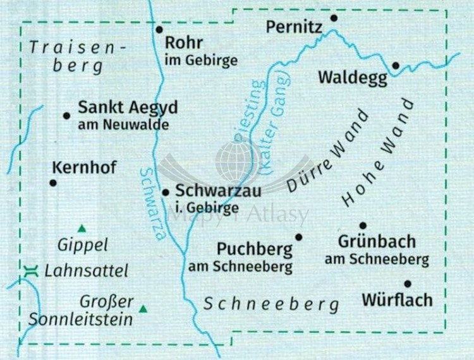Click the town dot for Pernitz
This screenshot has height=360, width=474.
[334, 18]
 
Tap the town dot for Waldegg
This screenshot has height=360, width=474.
[396, 65]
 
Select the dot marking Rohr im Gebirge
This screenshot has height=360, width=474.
[159, 29]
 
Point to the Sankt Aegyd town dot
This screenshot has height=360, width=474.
[66, 115]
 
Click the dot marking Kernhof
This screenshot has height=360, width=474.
[53, 183]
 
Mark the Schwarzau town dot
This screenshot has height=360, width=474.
[166, 193]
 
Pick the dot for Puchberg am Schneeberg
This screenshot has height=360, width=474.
[299, 237]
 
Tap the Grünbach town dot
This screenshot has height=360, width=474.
[363, 225]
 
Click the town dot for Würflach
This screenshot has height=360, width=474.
[408, 284]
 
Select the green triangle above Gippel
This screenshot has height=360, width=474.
[81, 229]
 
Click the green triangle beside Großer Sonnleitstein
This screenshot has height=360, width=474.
[143, 309]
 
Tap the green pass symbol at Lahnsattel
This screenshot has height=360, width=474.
[29, 272]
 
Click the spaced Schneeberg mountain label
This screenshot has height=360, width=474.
[271, 304]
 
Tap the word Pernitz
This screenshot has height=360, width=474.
[295, 27]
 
